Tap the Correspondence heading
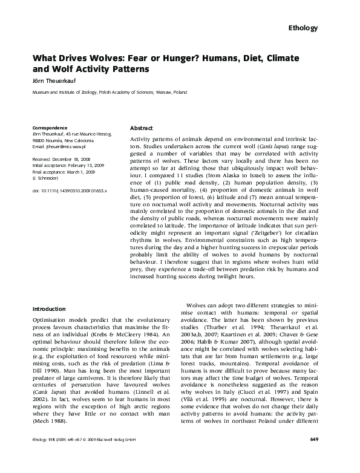point(49,128)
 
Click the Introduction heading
point(49,308)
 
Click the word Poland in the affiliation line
point(180,93)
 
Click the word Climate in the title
point(301,58)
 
